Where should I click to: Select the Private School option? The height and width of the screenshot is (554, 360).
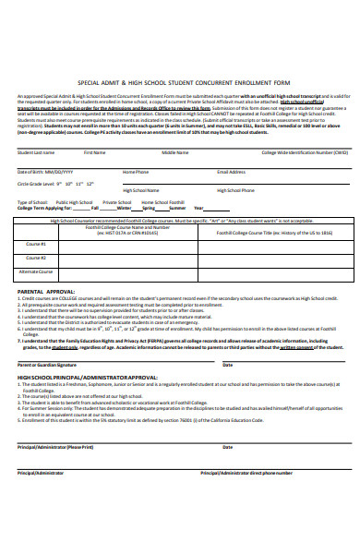point(116,201)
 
